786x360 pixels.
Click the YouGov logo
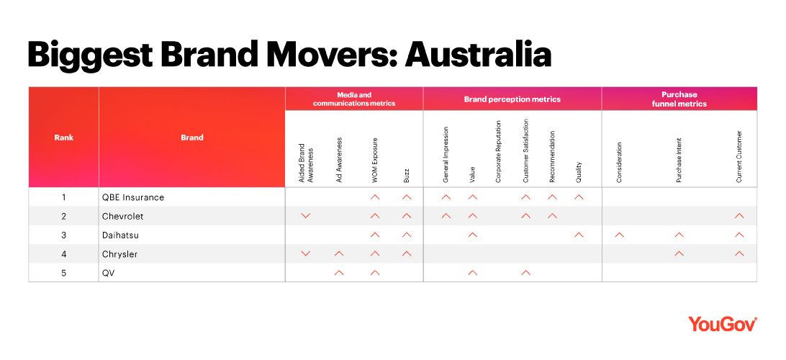click(x=723, y=324)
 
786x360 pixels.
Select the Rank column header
click(x=63, y=138)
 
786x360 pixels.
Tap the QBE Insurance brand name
click(x=133, y=197)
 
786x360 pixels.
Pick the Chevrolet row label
click(x=122, y=216)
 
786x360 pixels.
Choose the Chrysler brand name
click(x=119, y=254)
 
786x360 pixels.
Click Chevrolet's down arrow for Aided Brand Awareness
click(x=306, y=216)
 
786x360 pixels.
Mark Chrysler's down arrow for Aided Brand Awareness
click(x=306, y=254)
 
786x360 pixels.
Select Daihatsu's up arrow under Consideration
click(x=619, y=235)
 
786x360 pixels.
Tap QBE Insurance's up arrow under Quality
click(x=579, y=197)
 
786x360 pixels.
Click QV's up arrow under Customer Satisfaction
click(x=526, y=273)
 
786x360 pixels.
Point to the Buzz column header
click(x=407, y=175)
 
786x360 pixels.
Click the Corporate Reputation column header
click(x=499, y=151)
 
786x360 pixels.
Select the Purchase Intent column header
click(x=679, y=161)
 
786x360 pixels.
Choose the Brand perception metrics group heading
click(x=512, y=99)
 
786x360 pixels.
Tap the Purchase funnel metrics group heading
click(x=679, y=99)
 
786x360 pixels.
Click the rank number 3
click(x=63, y=235)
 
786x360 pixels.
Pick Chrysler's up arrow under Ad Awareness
click(x=339, y=253)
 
